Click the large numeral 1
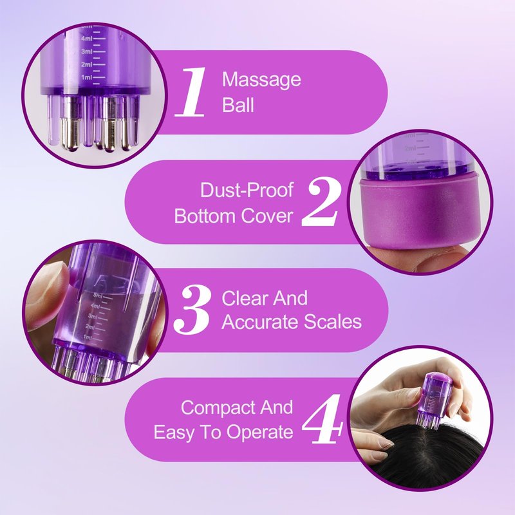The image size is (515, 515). click(191, 92)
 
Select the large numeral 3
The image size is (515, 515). click(192, 310)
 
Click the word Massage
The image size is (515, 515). click(261, 80)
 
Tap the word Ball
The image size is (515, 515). click(238, 105)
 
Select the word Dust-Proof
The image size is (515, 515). click(247, 190)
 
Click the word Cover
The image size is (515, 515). click(267, 216)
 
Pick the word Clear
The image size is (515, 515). click(245, 298)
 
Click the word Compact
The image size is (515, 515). click(218, 408)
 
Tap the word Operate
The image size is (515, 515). click(259, 432)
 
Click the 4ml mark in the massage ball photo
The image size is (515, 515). click(87, 39)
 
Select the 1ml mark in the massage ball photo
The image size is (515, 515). click(87, 77)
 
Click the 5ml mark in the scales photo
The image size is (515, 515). click(98, 295)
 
